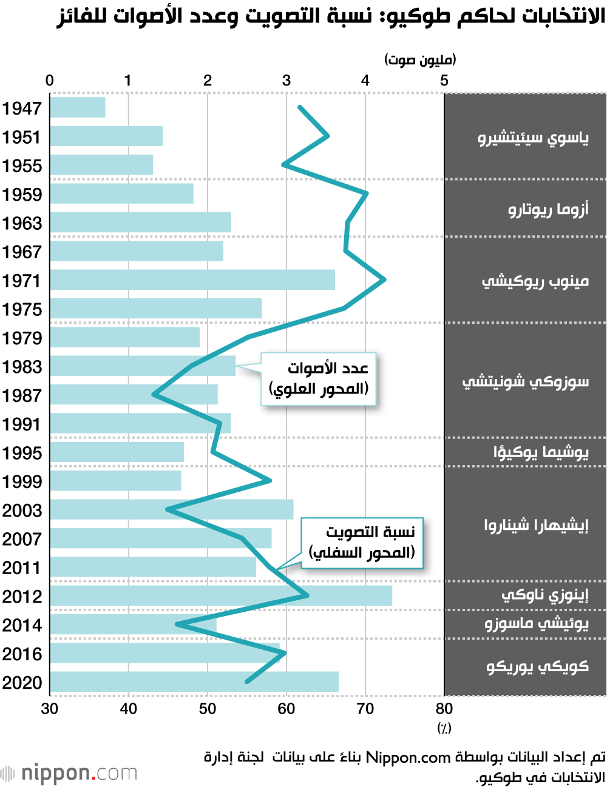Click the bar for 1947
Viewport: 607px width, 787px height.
click(78, 107)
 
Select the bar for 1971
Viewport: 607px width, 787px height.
click(192, 280)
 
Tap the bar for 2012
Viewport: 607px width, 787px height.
click(221, 596)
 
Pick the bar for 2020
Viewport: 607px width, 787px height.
click(194, 682)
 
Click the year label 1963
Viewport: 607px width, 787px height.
click(22, 223)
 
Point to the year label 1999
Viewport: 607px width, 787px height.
click(22, 481)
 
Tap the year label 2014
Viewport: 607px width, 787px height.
click(22, 625)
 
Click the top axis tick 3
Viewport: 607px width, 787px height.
click(287, 81)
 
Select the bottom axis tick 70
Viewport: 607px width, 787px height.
click(365, 708)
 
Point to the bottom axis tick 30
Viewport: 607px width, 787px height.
click(50, 708)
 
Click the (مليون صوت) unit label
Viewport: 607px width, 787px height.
click(420, 59)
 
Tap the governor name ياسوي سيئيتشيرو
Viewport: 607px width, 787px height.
click(533, 139)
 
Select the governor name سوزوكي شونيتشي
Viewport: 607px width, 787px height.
click(526, 381)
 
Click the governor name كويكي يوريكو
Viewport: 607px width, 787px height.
click(537, 667)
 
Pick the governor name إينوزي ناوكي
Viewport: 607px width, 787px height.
click(544, 595)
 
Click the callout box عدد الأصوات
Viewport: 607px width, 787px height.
click(319, 379)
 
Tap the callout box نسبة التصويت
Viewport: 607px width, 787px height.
click(362, 543)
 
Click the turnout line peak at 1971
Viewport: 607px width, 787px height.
click(384, 280)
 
